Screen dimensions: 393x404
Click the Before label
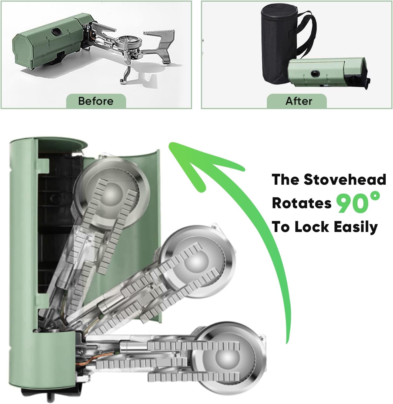[x=96, y=101]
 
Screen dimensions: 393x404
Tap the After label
[x=299, y=101]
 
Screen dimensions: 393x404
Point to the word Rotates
[x=301, y=203]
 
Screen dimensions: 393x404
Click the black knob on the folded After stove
[x=315, y=73]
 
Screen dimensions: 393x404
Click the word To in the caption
[x=281, y=227]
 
